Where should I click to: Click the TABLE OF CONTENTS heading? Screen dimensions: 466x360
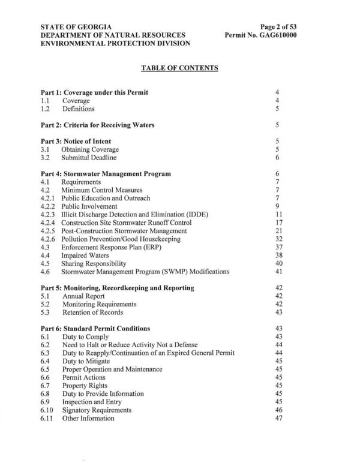coord(179,68)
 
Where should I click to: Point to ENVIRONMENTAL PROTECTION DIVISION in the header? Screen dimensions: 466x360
coord(115,44)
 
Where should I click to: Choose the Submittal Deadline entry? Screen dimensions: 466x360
coord(89,158)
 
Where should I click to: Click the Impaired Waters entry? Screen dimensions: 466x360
coord(85,255)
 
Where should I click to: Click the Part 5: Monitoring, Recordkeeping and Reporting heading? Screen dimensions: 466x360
coord(117,288)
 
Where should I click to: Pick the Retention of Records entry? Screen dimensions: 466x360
coord(92,312)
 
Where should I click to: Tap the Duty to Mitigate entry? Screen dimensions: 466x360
coord(86,361)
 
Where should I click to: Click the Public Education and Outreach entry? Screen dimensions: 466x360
coord(106,198)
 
